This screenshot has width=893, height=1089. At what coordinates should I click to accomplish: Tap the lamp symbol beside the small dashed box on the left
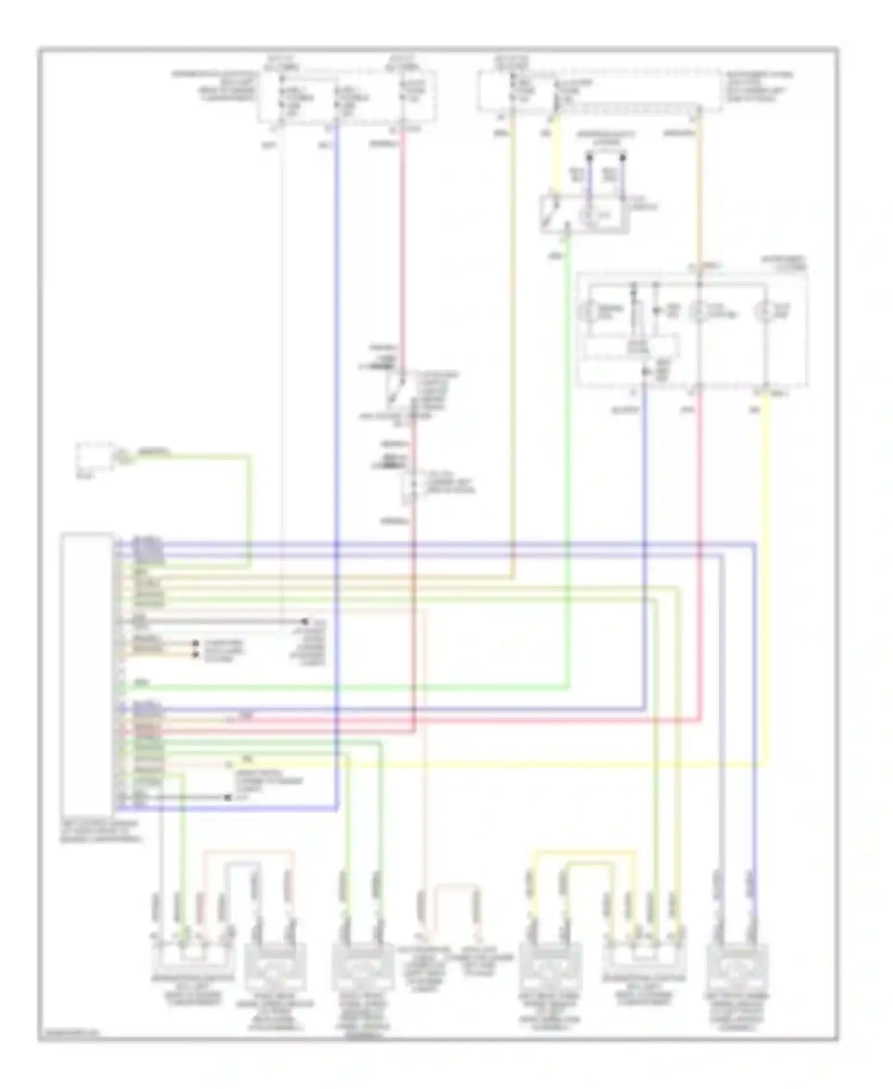122,457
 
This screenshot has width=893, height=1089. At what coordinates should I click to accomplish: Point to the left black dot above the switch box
589,157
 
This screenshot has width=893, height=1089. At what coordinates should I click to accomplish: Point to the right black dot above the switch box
623,157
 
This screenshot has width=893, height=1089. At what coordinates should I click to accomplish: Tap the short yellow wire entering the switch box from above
555,155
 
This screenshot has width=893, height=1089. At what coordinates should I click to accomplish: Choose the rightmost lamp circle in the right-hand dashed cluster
766,311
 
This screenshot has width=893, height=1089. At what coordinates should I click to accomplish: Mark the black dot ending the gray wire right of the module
306,621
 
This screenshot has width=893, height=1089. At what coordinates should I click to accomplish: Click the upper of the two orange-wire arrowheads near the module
195,644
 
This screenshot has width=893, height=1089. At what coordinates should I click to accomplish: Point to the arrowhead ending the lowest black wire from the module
227,797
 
